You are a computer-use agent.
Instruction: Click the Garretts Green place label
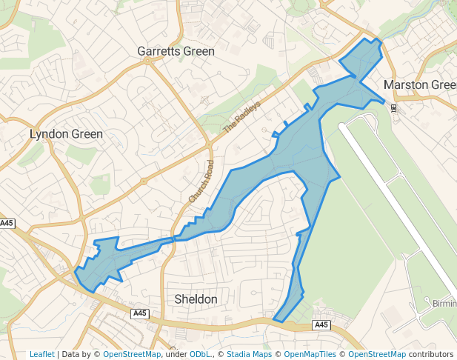[176, 51]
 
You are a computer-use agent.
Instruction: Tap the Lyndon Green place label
[66, 134]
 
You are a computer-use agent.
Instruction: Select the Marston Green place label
[420, 85]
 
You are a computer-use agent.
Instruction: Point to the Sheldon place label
[196, 299]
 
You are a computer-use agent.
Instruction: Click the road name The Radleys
[243, 117]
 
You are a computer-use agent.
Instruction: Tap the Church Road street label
[201, 182]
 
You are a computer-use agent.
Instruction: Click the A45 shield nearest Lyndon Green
[7, 223]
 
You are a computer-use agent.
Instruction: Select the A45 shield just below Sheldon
[140, 314]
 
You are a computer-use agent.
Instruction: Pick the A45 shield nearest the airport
[321, 325]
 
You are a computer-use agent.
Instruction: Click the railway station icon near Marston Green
[393, 108]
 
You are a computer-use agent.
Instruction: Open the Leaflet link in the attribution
[41, 354]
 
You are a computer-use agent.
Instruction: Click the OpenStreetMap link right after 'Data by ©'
[132, 354]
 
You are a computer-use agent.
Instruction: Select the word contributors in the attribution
[433, 354]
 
